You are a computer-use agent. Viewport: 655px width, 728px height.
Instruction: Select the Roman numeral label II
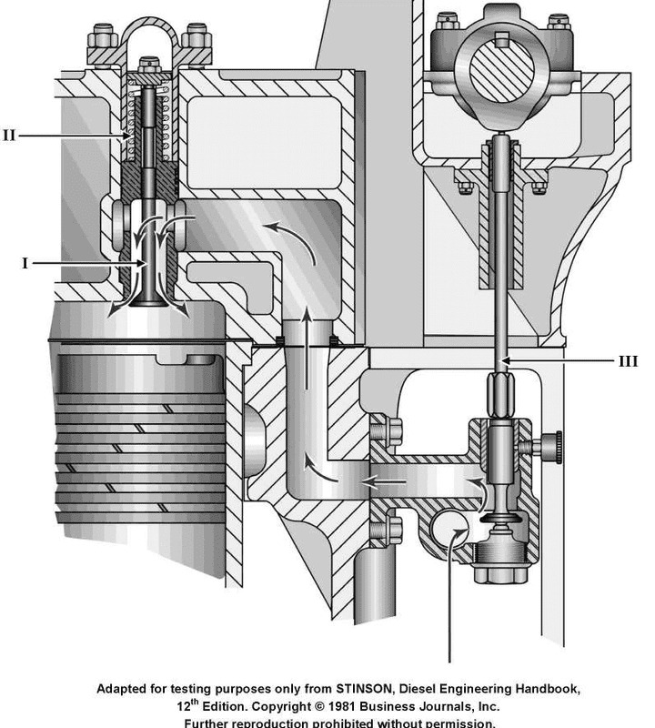[9, 136]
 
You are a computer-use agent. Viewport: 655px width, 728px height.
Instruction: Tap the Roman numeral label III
[628, 361]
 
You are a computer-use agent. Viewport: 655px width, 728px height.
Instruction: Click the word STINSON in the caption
[319, 690]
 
